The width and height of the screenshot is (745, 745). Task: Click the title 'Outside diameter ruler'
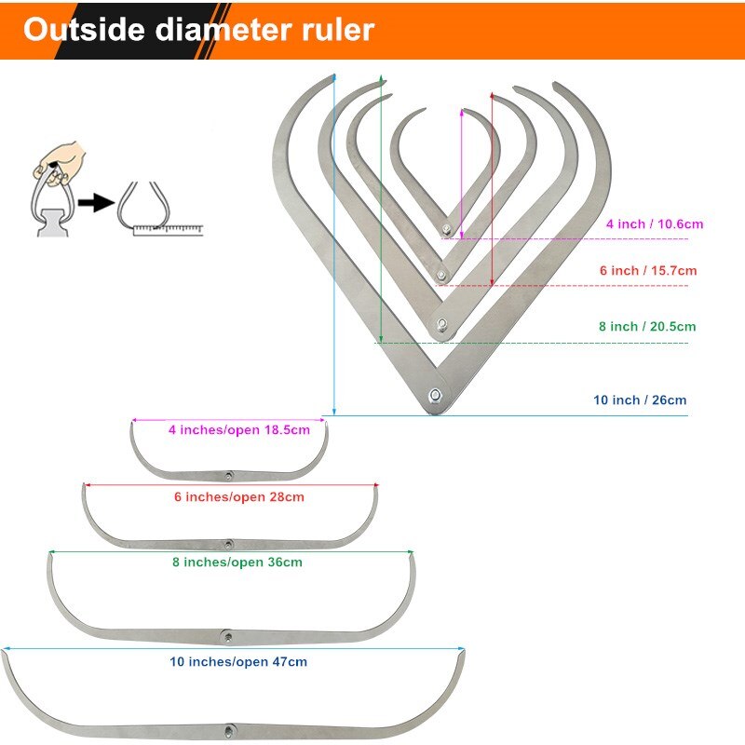(198, 29)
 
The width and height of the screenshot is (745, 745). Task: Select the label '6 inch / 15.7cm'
(648, 270)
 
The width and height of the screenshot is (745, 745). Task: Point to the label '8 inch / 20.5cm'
(647, 327)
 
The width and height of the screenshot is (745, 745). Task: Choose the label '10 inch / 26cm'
(640, 400)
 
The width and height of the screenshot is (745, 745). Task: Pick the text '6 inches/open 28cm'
(239, 497)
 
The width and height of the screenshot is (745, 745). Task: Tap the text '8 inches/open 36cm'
(237, 562)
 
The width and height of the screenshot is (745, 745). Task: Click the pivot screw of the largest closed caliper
(435, 396)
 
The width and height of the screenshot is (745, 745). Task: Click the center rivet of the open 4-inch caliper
(228, 475)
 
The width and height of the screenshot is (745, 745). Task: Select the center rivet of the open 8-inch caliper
(226, 635)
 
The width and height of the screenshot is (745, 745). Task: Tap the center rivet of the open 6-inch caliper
(228, 543)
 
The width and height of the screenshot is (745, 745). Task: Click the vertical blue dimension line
(333, 242)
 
